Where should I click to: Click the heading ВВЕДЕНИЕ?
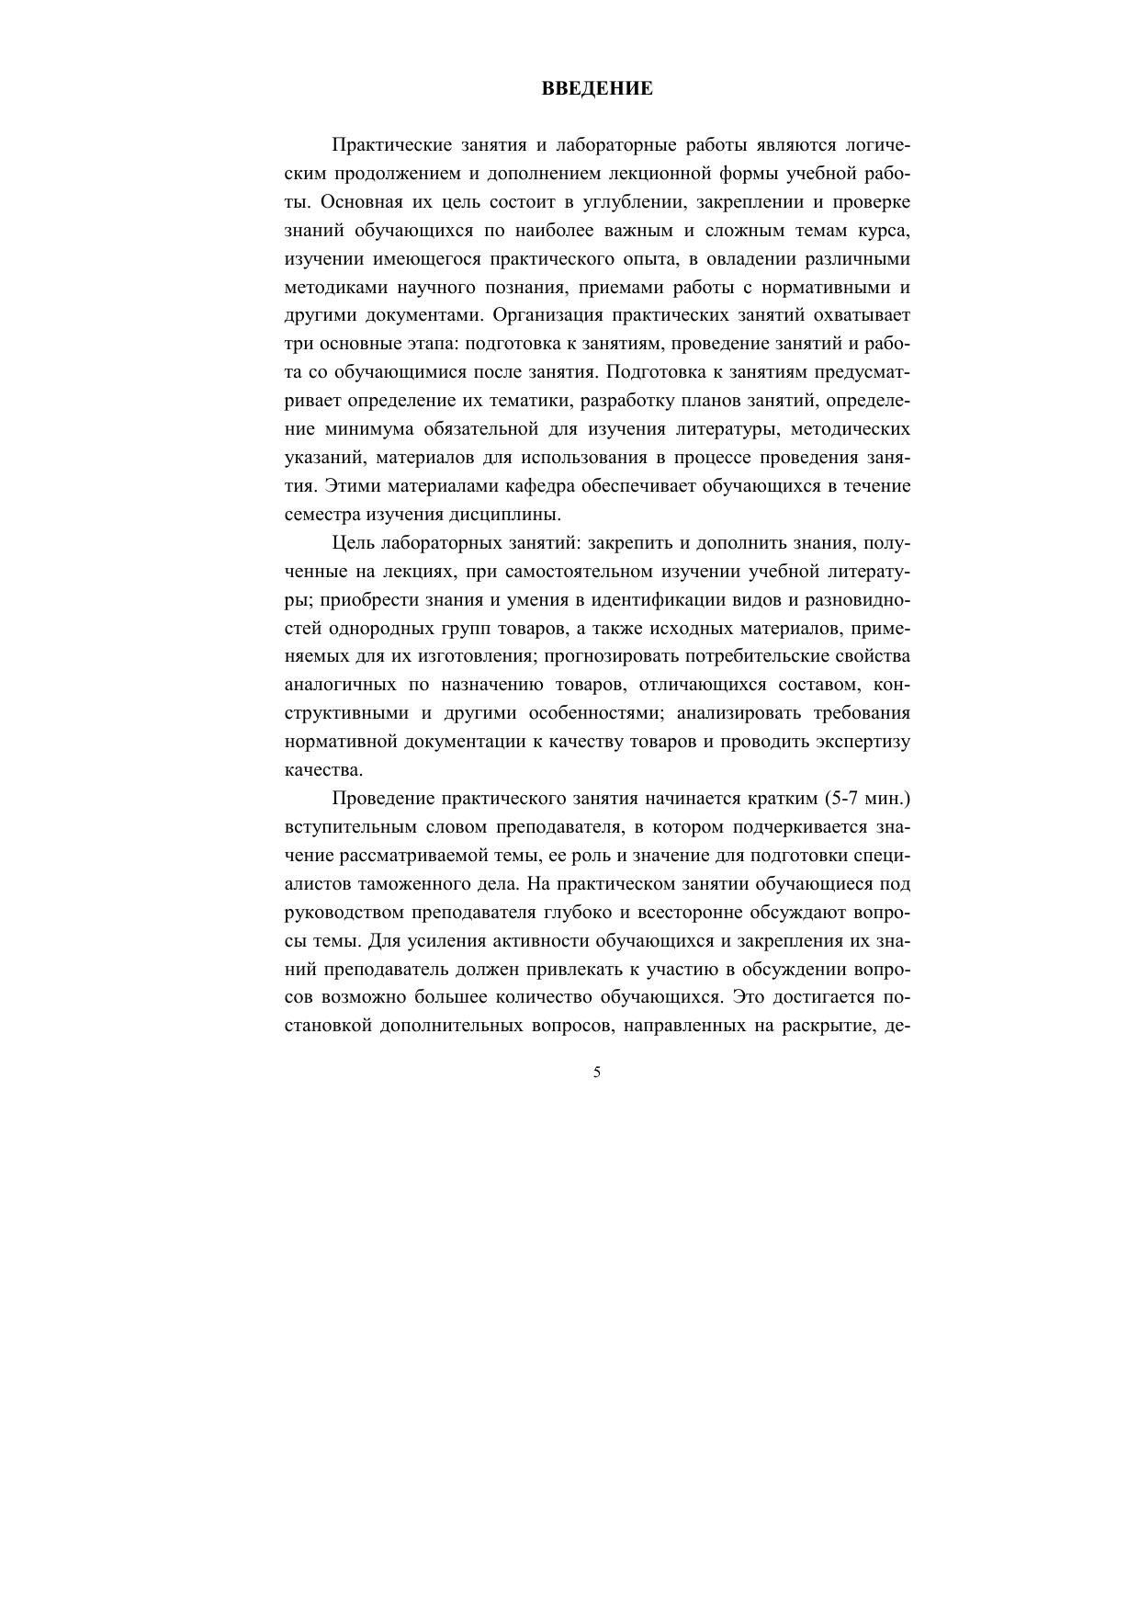pyautogui.click(x=597, y=89)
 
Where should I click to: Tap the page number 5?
pyautogui.click(x=597, y=1072)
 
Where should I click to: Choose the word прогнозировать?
pyautogui.click(x=611, y=656)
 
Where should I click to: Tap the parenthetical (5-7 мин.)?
pyautogui.click(x=867, y=799)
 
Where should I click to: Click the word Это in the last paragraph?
pyautogui.click(x=750, y=998)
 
